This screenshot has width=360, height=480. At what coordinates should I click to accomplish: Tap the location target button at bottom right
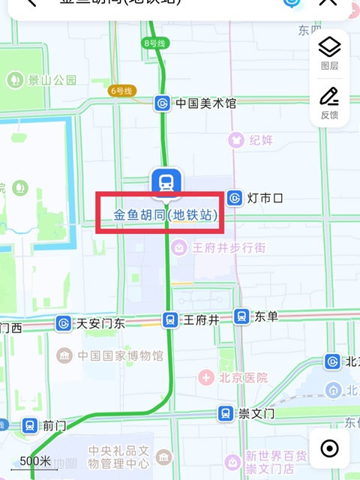329,448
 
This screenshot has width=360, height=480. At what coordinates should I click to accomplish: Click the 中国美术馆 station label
205,103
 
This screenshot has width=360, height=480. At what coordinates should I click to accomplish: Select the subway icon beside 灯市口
235,198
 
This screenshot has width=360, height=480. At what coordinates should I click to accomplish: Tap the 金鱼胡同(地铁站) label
166,215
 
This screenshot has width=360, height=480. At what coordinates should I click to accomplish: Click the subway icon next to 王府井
171,319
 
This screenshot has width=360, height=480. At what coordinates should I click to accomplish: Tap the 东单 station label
266,316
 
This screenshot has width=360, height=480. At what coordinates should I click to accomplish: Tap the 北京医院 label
243,377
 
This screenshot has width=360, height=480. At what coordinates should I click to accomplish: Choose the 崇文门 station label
256,413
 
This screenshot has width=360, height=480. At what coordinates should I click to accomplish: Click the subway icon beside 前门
29,425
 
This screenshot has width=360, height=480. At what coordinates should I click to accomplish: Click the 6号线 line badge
121,91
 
